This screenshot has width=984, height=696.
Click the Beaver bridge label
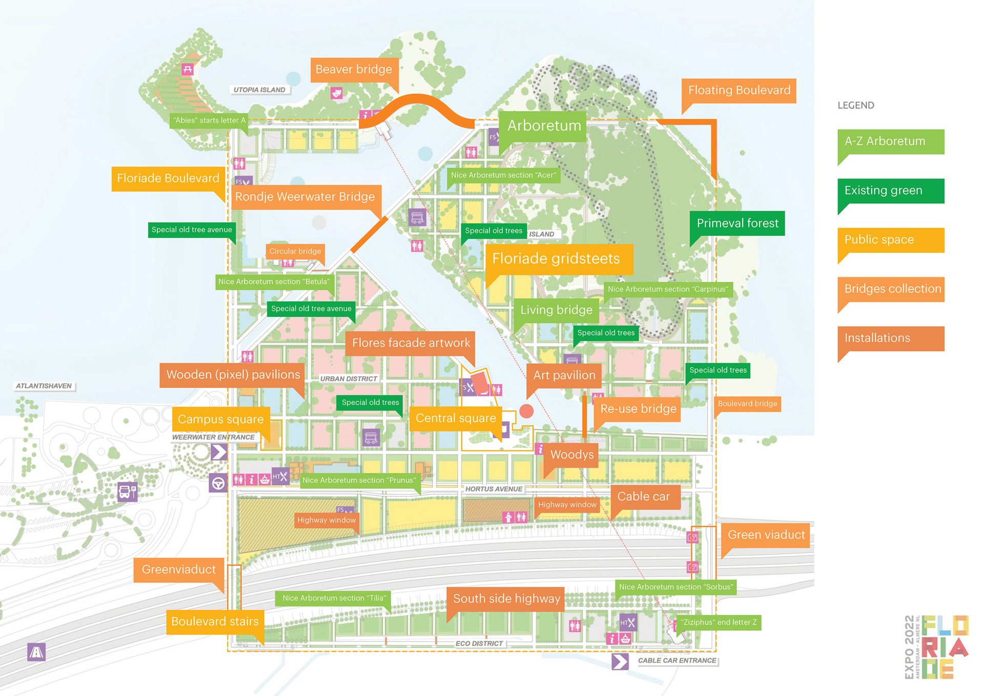tap(354, 70)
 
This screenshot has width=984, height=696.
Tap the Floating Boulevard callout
tap(739, 91)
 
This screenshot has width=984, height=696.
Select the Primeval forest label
tap(737, 223)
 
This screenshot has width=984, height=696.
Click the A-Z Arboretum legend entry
tap(890, 141)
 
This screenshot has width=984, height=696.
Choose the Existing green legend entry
tap(890, 191)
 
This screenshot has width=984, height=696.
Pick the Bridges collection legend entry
tap(890, 289)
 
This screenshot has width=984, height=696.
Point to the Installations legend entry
tap(890, 338)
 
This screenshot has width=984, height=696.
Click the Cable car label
tap(644, 497)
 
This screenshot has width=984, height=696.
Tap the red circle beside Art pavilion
tap(526, 411)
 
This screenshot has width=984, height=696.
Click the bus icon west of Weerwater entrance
tap(128, 492)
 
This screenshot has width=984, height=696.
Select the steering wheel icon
tap(218, 483)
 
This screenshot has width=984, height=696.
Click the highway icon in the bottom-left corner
tap(36, 652)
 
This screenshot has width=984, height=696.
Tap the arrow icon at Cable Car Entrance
tap(620, 661)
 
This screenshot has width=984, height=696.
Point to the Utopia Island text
tap(259, 90)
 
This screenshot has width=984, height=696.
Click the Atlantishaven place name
tap(44, 386)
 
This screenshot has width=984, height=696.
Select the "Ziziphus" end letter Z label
tap(719, 622)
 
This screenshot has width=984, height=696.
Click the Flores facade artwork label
tap(411, 343)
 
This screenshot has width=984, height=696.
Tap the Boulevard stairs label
tap(215, 622)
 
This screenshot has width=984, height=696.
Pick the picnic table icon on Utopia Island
tap(188, 69)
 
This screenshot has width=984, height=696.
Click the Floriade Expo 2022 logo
tap(937, 647)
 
